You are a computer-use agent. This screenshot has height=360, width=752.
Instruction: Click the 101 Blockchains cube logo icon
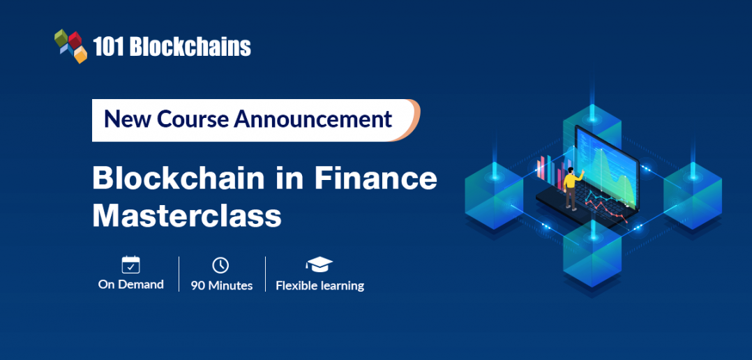pos(70,45)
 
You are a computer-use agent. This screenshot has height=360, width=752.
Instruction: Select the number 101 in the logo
pos(107,47)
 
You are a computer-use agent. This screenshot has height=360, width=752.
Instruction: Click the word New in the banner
pos(128,119)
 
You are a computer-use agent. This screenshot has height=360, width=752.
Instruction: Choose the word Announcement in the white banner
pos(313,119)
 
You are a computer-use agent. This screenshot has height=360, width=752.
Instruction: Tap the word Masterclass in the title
pos(187,216)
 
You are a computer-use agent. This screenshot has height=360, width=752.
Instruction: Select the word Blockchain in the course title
pos(179,179)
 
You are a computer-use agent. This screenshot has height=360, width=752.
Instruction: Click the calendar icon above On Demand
pos(130,264)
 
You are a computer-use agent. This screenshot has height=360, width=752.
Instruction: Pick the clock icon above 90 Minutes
pos(220,265)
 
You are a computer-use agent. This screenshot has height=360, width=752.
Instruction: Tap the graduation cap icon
pos(319,264)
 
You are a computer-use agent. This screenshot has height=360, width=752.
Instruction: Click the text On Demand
pos(130,285)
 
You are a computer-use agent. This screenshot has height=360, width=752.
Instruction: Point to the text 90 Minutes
pos(221,285)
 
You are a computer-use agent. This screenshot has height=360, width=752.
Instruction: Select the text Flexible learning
pos(319,285)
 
